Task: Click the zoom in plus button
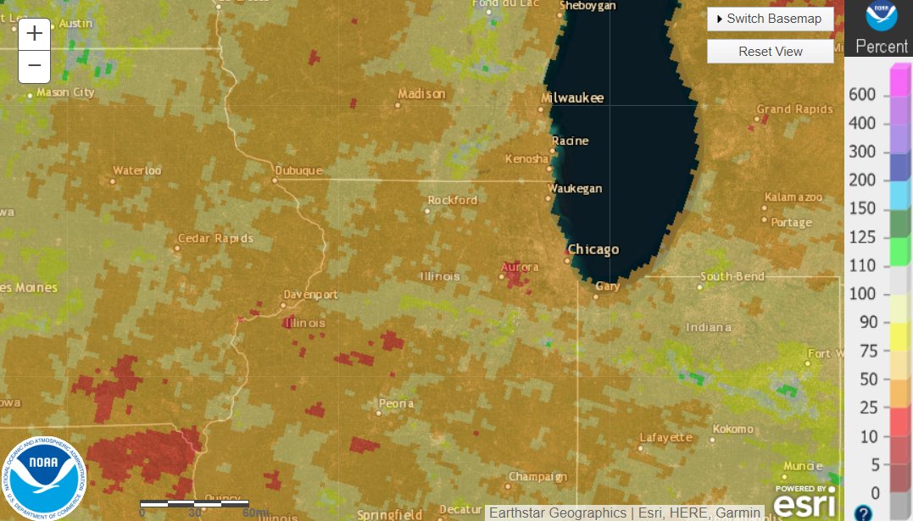tap(34, 34)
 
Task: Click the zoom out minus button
tap(34, 65)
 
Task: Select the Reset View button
tap(770, 51)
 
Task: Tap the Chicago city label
tap(593, 249)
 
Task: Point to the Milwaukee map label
tap(572, 98)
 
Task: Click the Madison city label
tap(421, 93)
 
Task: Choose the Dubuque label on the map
tap(298, 170)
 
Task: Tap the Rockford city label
tap(453, 200)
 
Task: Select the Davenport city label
tap(310, 295)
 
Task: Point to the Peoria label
tap(396, 403)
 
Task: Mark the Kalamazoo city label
tap(793, 197)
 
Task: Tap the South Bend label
tap(732, 276)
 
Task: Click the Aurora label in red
tap(520, 268)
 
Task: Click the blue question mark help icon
tap(863, 513)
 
